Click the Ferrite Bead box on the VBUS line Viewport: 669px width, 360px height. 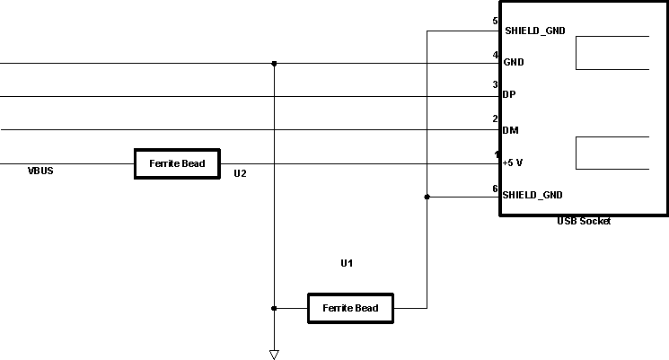point(177,163)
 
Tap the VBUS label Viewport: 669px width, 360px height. point(40,170)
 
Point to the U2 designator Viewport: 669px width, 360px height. point(240,173)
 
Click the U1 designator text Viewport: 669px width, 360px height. point(347,263)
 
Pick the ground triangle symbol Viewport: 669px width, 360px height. point(274,354)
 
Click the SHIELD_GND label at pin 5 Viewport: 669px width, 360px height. point(535,31)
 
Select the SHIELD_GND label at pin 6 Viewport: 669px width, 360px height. point(533,195)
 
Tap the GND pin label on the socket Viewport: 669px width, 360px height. point(514,63)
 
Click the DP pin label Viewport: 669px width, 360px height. point(509,94)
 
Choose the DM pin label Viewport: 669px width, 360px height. point(510,130)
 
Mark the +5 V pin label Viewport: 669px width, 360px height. point(514,162)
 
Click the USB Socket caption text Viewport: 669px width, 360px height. point(583,221)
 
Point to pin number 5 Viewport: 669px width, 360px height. point(495,21)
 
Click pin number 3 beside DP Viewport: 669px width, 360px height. point(495,85)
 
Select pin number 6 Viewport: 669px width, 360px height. point(495,189)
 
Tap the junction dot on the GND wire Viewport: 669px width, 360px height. point(274,64)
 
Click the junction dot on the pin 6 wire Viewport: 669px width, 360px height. point(427,197)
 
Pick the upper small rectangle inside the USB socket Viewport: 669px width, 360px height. point(612,53)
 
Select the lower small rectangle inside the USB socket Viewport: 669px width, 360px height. point(612,153)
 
